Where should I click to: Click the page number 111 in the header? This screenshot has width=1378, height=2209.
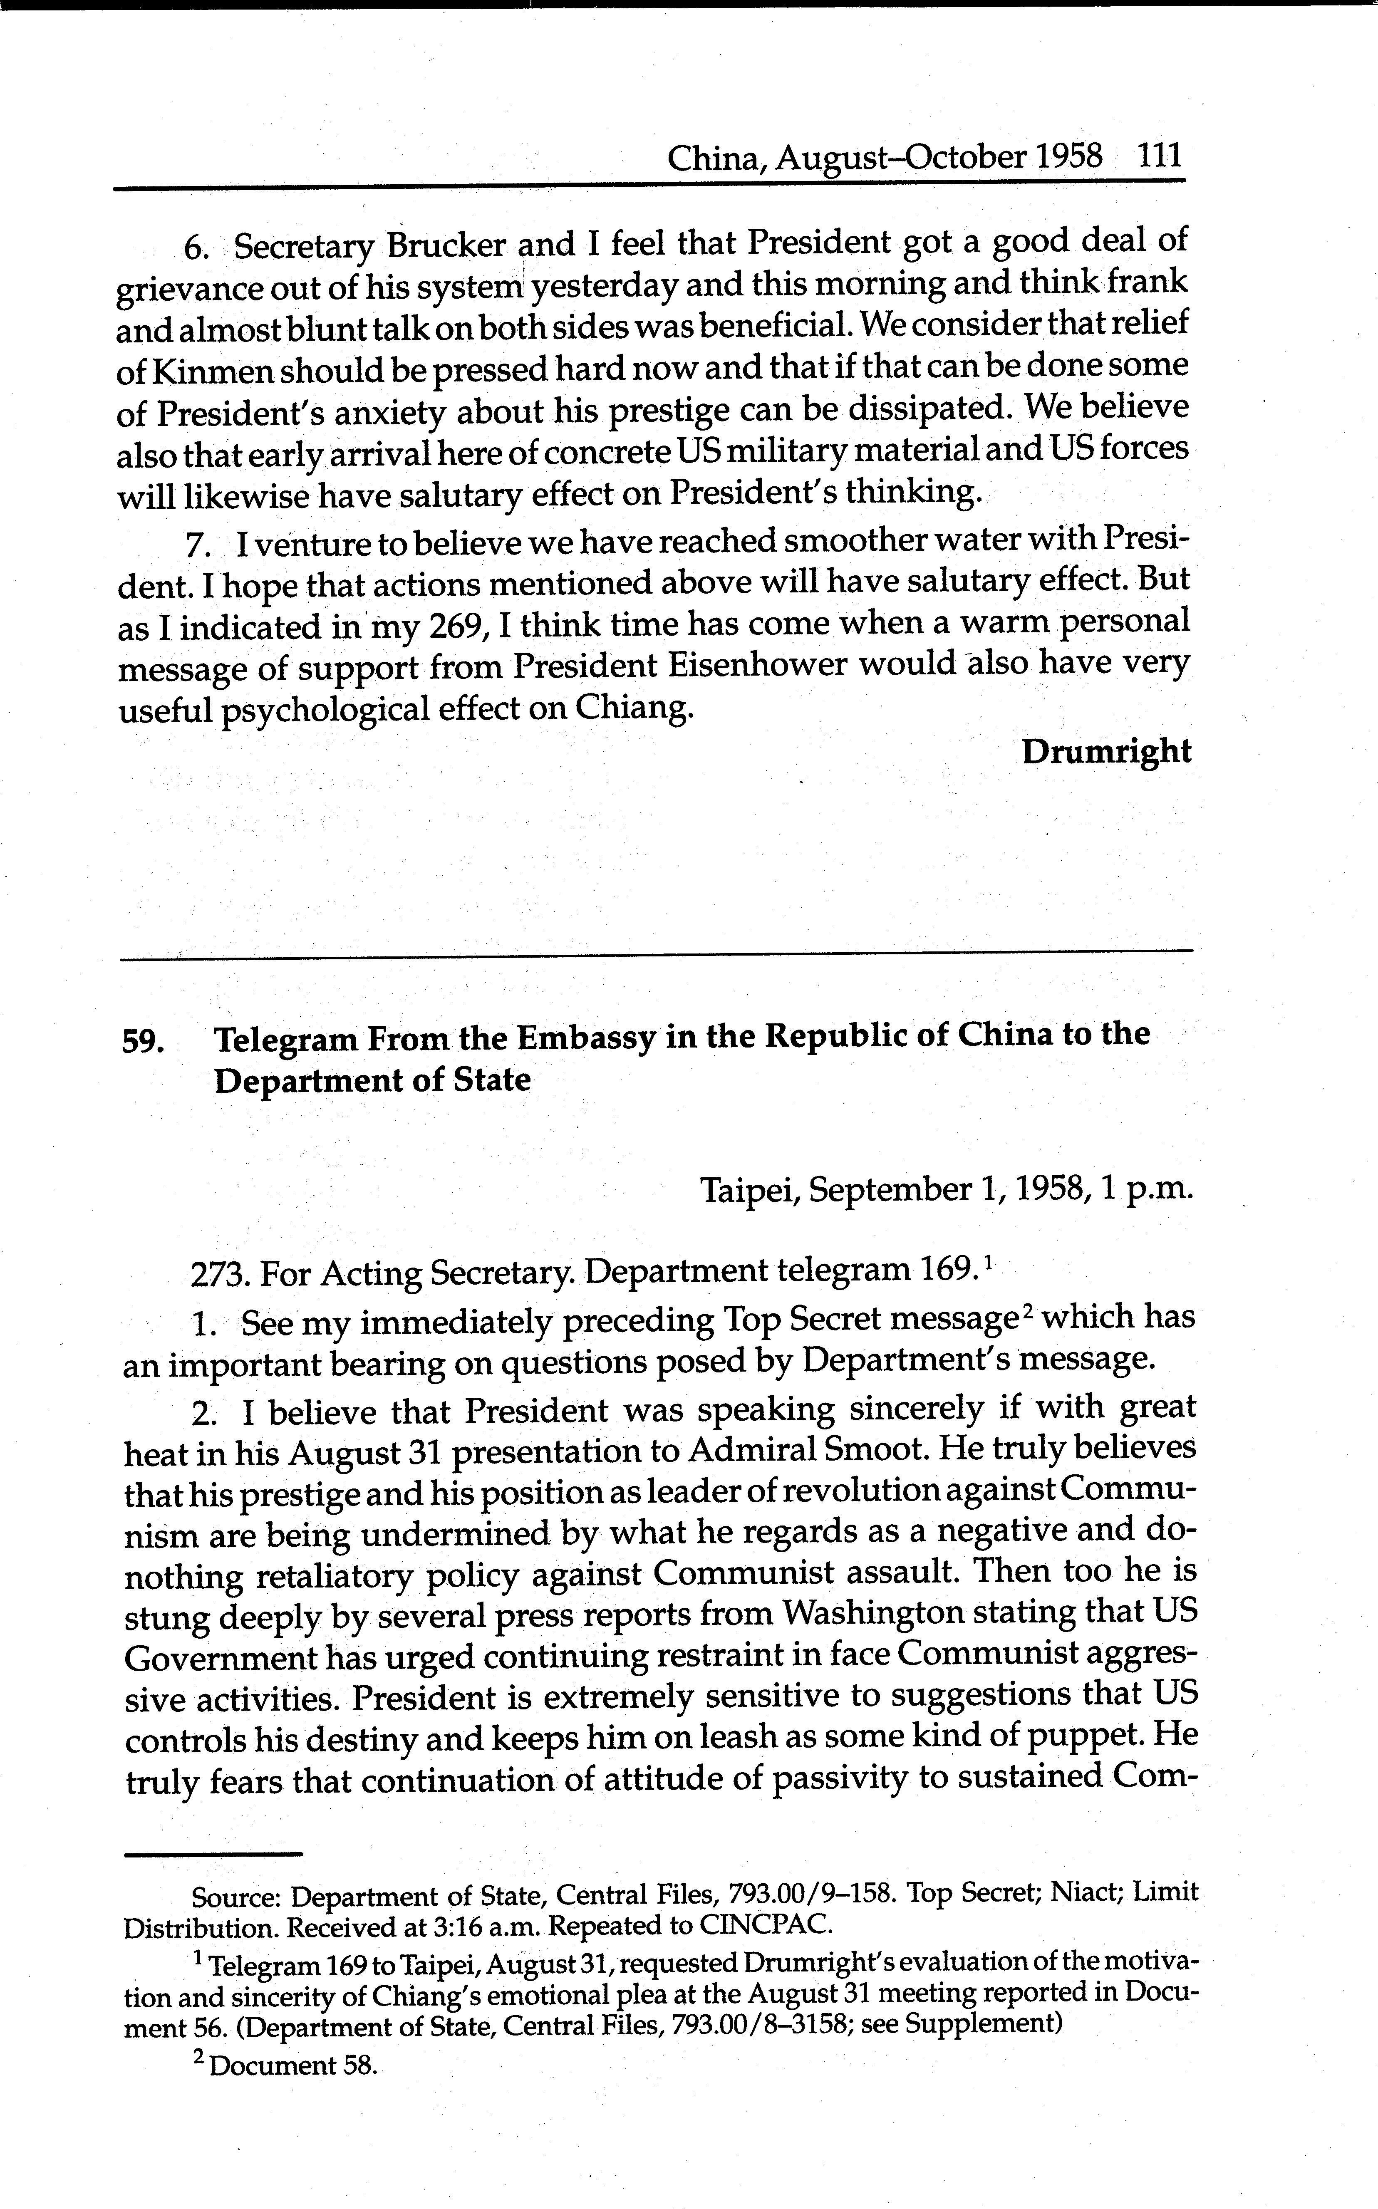pos(1159,156)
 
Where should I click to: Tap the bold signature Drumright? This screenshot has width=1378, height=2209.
pos(1106,752)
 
